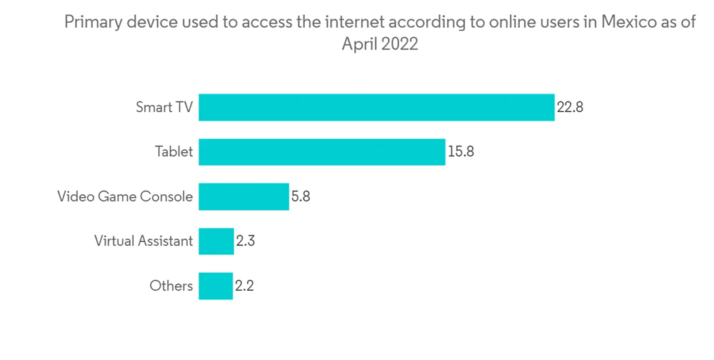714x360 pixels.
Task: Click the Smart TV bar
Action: [x=376, y=107]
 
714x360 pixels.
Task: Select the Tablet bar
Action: [x=321, y=151]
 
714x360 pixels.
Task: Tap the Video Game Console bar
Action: [x=243, y=196]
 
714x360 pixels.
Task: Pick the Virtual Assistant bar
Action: [x=216, y=241]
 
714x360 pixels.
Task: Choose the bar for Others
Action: [x=216, y=286]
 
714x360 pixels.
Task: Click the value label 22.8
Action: [x=570, y=108]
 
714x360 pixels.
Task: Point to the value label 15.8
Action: [x=461, y=152]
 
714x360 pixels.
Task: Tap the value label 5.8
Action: [x=301, y=197]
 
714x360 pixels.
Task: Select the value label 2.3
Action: [x=245, y=241]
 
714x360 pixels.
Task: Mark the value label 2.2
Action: [x=244, y=286]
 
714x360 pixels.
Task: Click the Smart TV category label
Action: [x=164, y=108]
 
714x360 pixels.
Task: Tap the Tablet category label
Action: [x=174, y=152]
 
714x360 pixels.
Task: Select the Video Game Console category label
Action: [x=125, y=197]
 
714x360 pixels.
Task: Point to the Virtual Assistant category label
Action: [x=144, y=241]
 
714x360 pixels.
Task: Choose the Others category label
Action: [x=171, y=286]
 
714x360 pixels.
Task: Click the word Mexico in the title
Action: [x=629, y=22]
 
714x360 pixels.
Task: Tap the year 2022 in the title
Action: [x=400, y=44]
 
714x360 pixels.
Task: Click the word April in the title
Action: [x=359, y=44]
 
